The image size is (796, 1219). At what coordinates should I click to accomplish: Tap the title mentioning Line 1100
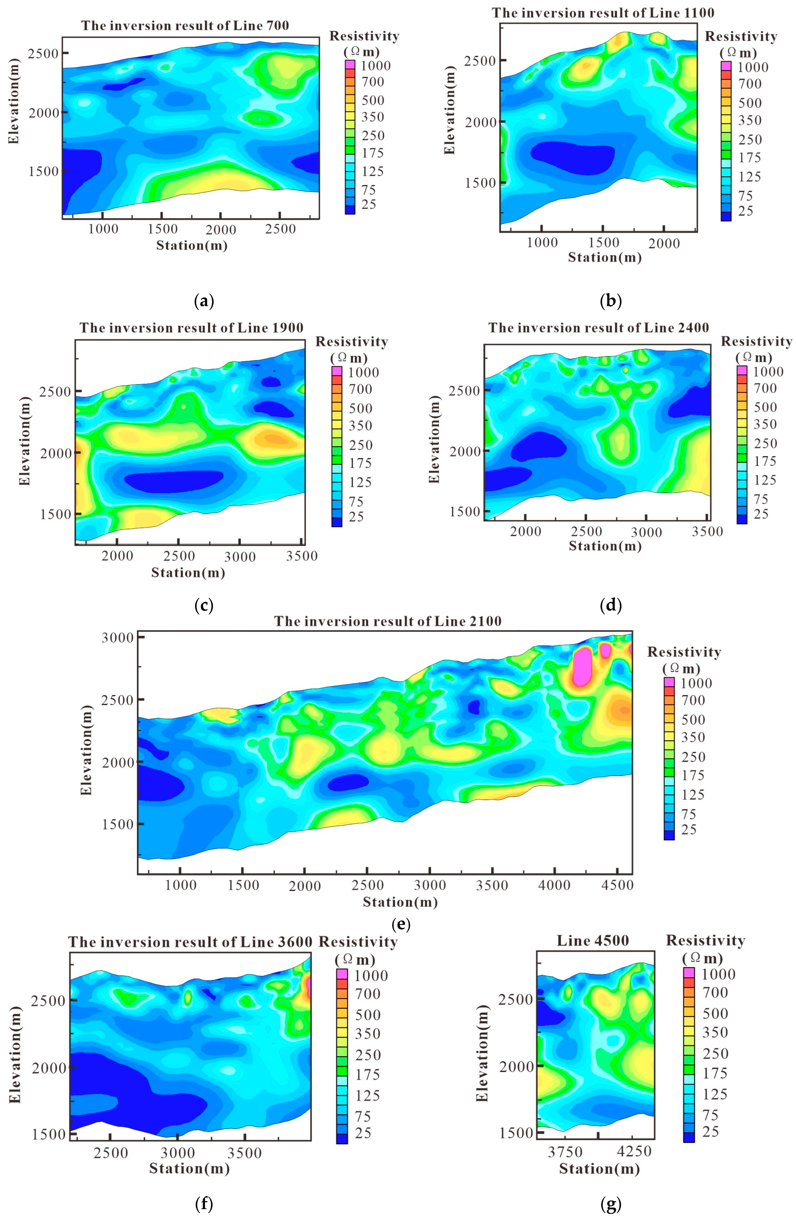coord(603,13)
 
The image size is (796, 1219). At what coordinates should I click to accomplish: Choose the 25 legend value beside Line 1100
coord(745,211)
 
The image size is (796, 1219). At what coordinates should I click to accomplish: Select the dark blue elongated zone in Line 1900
coord(174,481)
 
